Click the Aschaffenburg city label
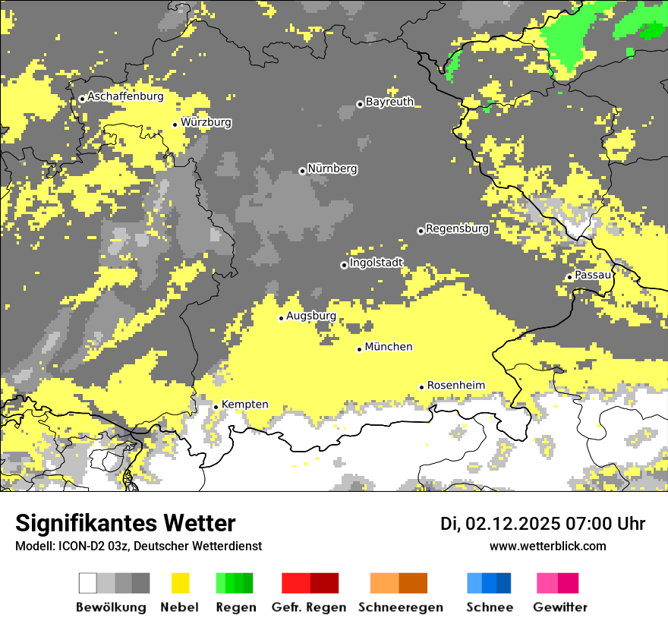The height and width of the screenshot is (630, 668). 125,97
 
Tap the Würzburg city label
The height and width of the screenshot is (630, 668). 206,122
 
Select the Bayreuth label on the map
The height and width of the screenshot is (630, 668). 389,102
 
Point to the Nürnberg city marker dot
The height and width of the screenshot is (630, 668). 302,171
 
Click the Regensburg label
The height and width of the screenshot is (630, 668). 457,228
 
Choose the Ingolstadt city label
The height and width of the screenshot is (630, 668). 377,263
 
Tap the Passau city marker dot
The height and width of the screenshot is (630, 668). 569,277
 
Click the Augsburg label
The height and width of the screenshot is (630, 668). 311,316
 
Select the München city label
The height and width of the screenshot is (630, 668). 389,347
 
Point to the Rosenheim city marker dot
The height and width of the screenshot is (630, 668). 422,387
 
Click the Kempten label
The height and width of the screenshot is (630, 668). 245,405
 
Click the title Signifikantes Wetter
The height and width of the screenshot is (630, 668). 125,524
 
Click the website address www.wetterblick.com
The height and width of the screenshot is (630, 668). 547,546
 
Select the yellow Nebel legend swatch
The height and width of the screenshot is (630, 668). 180,583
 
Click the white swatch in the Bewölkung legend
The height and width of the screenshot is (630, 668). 88,583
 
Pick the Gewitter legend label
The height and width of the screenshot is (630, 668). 559,607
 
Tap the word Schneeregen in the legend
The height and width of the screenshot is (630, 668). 399,607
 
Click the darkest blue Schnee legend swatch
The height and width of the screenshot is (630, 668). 504,583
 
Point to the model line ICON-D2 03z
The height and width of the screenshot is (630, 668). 138,546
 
